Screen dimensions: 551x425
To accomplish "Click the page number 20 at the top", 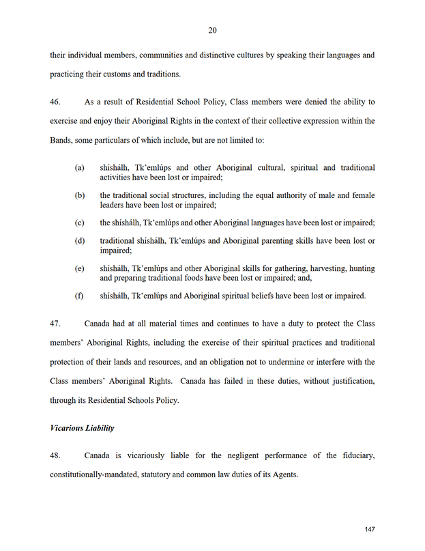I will coord(212,30).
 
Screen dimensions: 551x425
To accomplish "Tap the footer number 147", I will coord(370,529).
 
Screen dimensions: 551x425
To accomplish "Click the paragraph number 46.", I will coord(55,102).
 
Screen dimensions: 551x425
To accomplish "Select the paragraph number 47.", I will coord(55,322).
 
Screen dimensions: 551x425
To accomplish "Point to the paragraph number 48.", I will coord(55,455).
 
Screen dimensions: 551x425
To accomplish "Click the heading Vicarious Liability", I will coord(81,428).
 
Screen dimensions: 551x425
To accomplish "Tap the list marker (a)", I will coord(80,167).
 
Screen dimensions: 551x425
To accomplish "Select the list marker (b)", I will coord(80,195).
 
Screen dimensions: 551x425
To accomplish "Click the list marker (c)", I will coord(80,223).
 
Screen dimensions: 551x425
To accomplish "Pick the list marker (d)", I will coord(80,240).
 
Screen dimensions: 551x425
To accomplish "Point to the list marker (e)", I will coord(80,268).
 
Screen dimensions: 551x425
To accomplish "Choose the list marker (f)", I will coord(80,296).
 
